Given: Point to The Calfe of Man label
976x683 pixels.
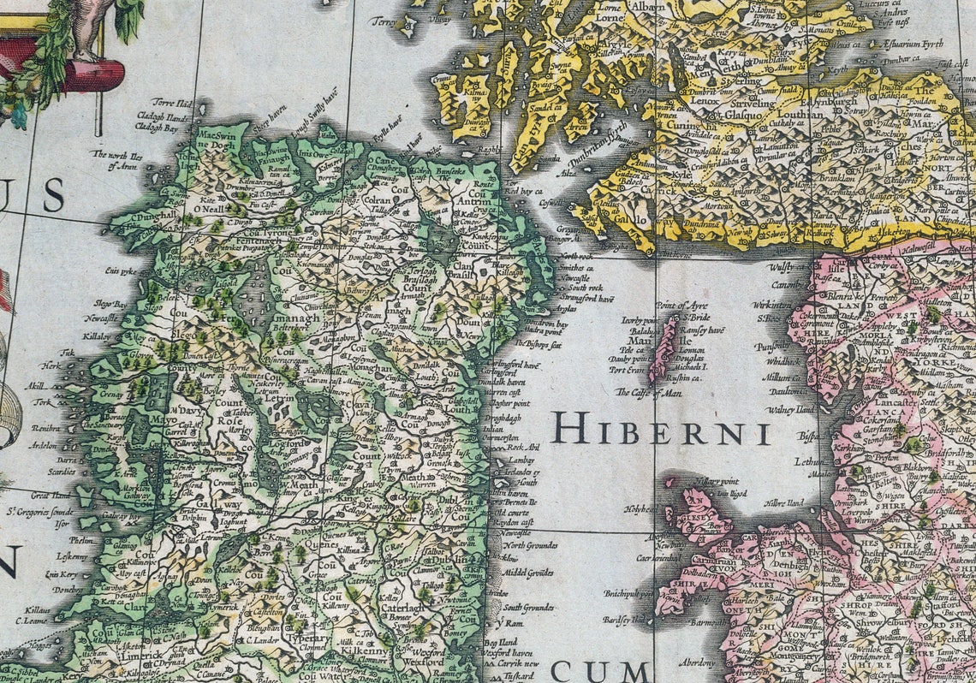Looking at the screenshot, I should [x=650, y=392].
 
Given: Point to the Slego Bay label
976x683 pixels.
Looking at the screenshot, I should [x=110, y=304].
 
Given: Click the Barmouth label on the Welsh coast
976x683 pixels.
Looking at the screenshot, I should [x=685, y=623].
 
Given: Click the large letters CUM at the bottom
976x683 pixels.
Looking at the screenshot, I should [x=598, y=669].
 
